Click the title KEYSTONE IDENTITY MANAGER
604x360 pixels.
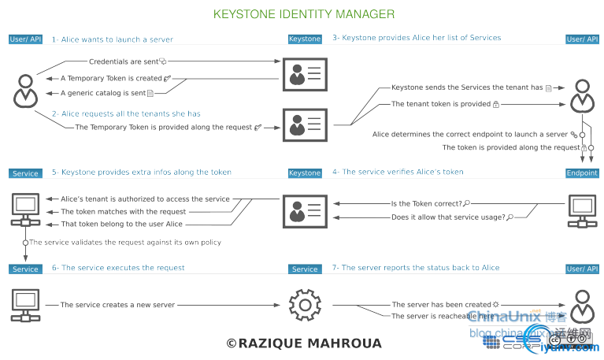click(304, 14)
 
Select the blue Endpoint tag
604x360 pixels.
click(582, 173)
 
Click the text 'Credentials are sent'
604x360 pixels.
click(123, 61)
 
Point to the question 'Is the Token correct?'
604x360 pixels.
click(425, 203)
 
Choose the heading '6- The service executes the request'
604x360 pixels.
click(118, 268)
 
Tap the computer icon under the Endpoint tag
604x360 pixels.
click(582, 211)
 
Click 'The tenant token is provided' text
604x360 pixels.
click(440, 104)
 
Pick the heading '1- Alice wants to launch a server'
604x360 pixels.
click(113, 39)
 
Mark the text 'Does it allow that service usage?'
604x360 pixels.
click(448, 217)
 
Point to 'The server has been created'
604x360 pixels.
click(441, 304)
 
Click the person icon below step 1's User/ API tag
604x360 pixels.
click(25, 91)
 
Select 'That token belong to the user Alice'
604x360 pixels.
click(121, 225)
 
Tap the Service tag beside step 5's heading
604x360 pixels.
click(25, 173)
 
